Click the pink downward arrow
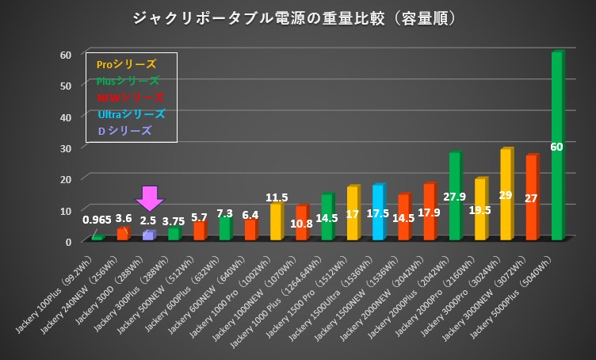149,198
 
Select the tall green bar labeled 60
556,147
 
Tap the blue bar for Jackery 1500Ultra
378,213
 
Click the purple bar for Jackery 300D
148,236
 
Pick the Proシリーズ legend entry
126,64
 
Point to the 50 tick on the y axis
67,86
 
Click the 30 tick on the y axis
67,147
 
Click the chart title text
297,17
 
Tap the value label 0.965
97,219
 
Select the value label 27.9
455,196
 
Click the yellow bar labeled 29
506,194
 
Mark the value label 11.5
277,197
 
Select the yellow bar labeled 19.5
480,209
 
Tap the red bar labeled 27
531,197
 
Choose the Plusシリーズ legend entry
128,81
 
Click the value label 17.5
378,213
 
